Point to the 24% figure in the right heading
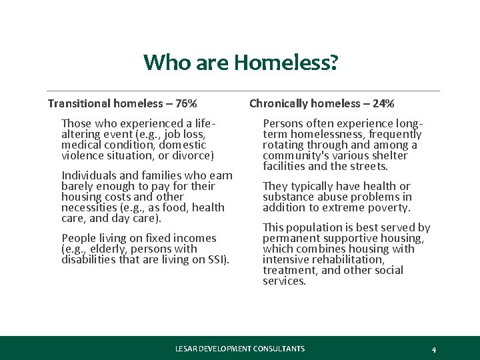click(x=383, y=103)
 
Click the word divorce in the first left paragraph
click(x=193, y=155)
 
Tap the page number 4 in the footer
click(x=434, y=349)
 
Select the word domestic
click(x=184, y=145)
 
